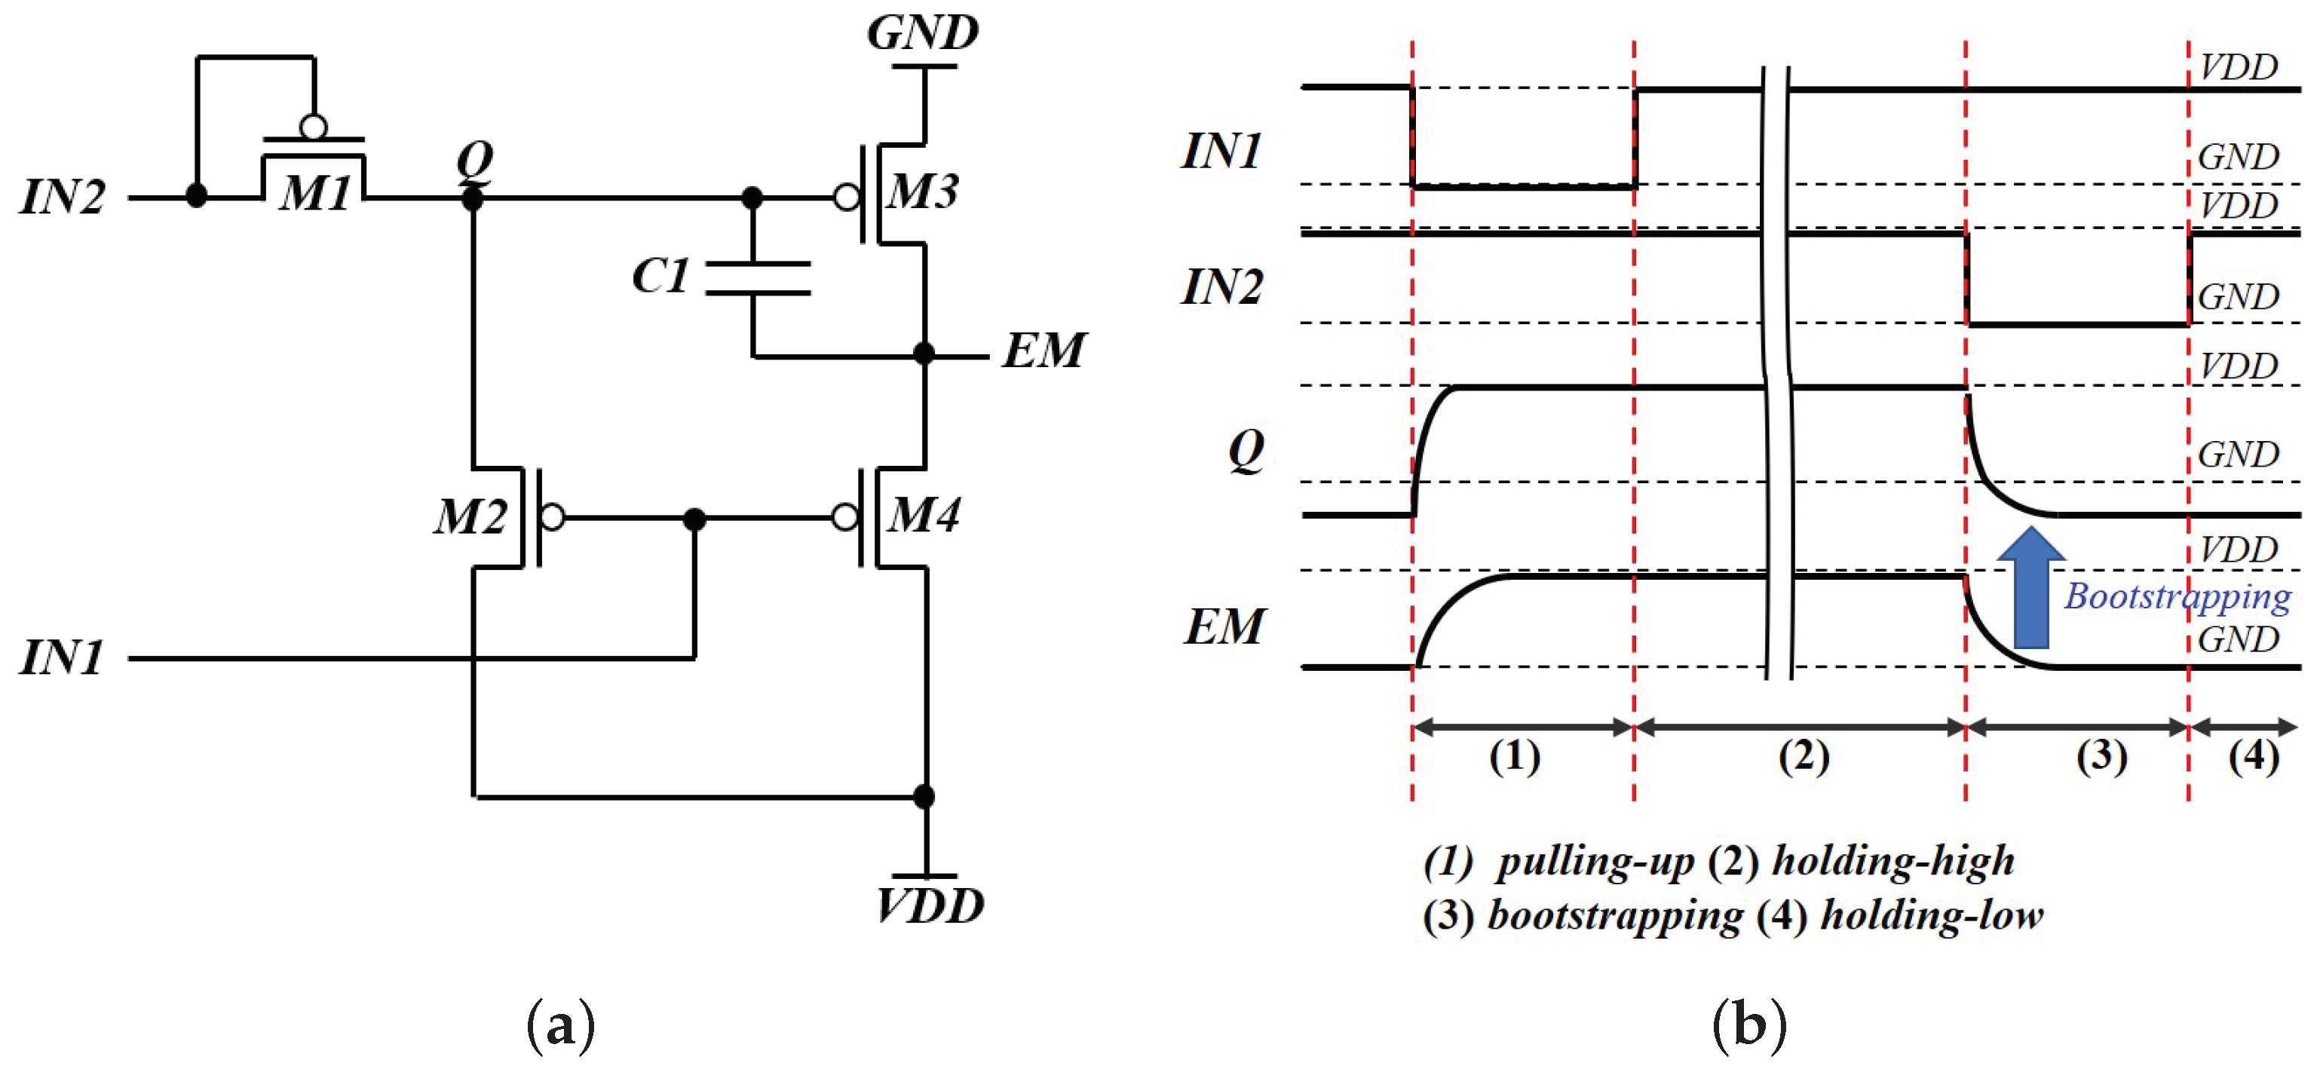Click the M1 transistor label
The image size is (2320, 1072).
(314, 194)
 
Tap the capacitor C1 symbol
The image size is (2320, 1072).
(756, 277)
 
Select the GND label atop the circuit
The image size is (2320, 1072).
(923, 33)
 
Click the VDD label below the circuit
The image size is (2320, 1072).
(930, 905)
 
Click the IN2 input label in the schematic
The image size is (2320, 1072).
(62, 197)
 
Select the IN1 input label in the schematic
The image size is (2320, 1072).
(62, 657)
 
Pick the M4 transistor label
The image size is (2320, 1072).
(924, 516)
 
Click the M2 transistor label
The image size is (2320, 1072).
(470, 517)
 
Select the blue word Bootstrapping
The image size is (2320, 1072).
(2177, 597)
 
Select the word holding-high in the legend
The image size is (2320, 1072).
(1893, 860)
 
